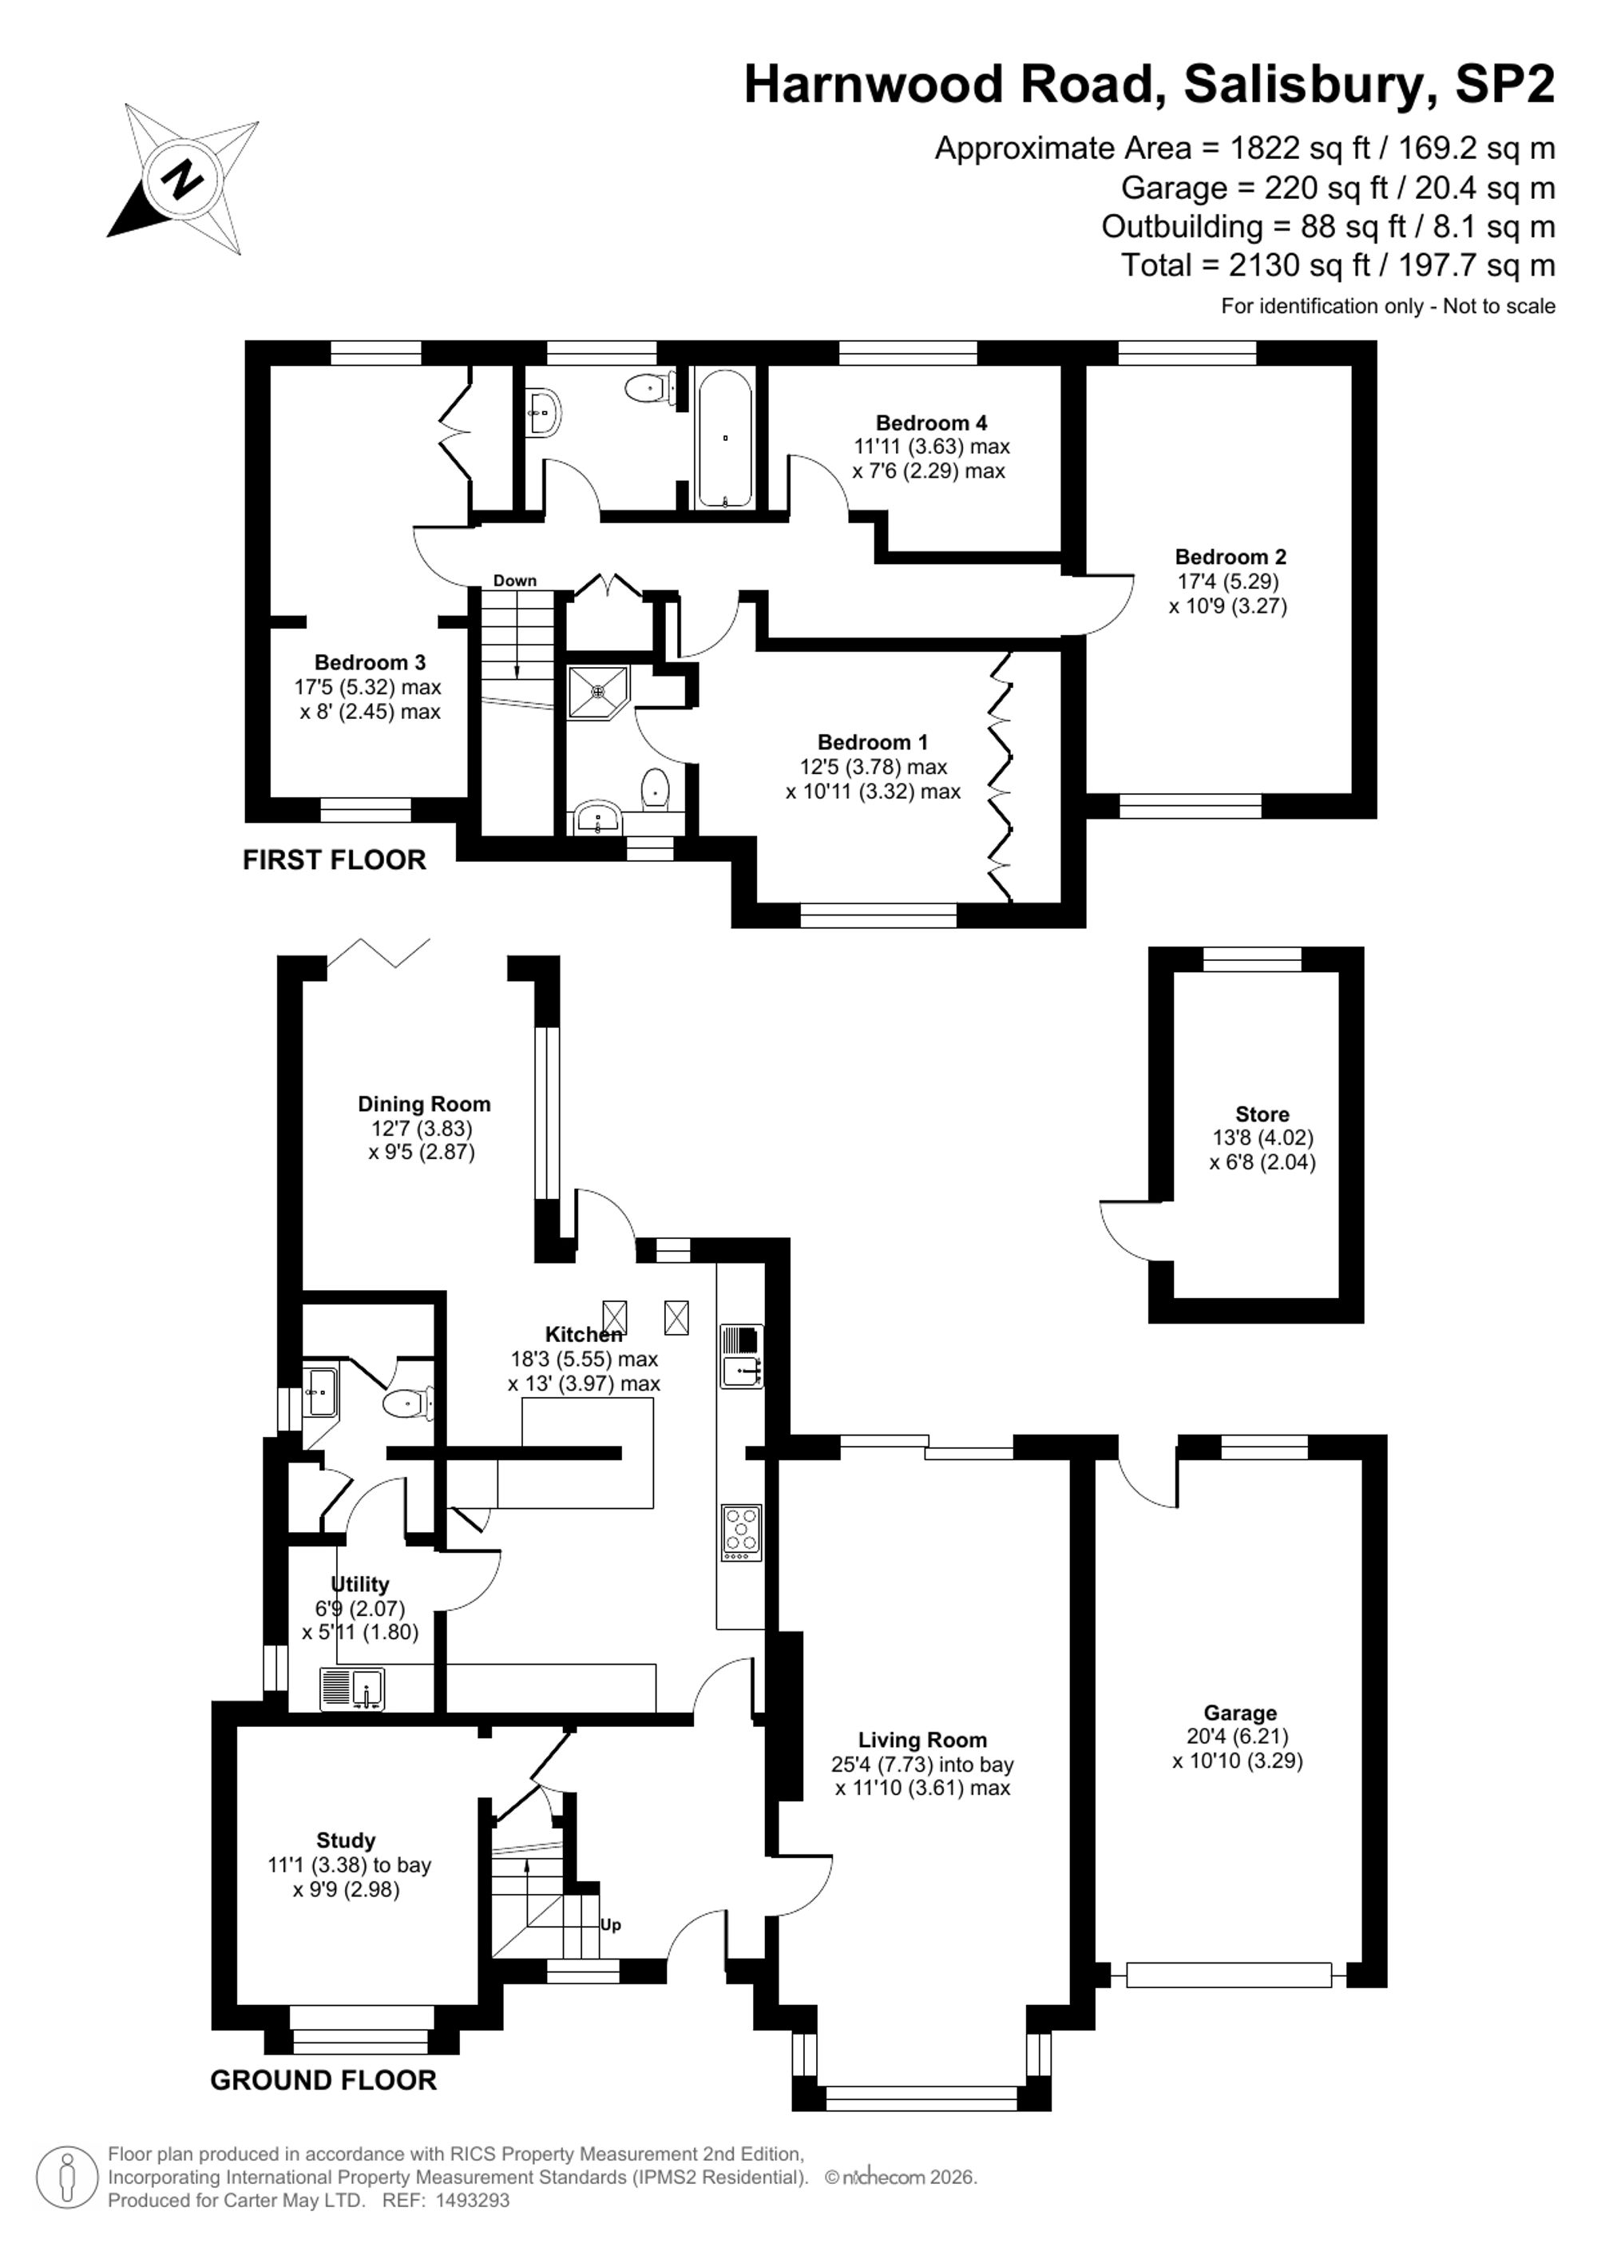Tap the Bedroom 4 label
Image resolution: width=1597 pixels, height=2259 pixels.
(x=931, y=423)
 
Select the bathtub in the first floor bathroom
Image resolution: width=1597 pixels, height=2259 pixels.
(x=725, y=438)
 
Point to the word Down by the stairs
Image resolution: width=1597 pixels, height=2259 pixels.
(x=515, y=581)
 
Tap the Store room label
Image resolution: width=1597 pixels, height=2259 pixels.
(x=1262, y=1115)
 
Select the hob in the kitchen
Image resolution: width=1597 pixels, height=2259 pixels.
(x=742, y=1532)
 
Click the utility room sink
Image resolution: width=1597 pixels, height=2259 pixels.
(x=352, y=1689)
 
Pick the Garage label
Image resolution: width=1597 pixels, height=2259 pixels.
(x=1240, y=1713)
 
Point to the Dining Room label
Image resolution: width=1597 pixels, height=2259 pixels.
(x=424, y=1105)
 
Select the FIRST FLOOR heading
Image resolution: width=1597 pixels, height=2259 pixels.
(x=335, y=860)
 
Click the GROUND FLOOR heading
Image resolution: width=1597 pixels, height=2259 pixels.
(x=323, y=2080)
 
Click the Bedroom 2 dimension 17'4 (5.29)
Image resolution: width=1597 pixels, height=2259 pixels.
(x=1228, y=582)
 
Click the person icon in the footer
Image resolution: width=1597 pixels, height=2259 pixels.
(x=67, y=2177)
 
